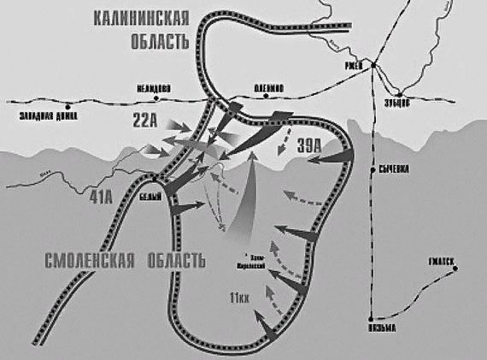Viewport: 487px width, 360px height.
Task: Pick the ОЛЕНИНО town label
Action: click(268, 86)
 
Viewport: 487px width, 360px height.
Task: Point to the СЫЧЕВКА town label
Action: click(393, 169)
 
